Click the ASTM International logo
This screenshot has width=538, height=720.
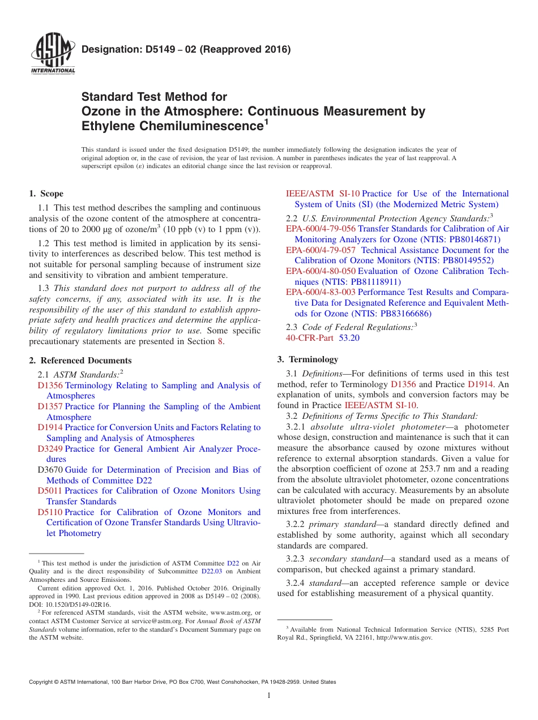pyautogui.click(x=53, y=55)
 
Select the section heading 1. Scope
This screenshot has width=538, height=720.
pyautogui.click(x=46, y=194)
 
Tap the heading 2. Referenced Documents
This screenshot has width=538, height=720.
pyautogui.click(x=80, y=361)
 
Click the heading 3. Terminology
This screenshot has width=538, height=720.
pyautogui.click(x=308, y=359)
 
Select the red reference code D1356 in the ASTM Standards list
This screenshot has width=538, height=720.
pyautogui.click(x=50, y=385)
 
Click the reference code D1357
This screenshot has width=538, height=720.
pyautogui.click(x=50, y=406)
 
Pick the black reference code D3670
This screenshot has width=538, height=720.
pyautogui.click(x=50, y=470)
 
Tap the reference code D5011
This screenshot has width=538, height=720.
pyautogui.click(x=50, y=491)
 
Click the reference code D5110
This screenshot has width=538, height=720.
pyautogui.click(x=50, y=512)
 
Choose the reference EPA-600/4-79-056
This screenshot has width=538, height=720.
pyautogui.click(x=321, y=229)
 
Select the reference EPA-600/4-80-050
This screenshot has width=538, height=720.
pyautogui.click(x=321, y=271)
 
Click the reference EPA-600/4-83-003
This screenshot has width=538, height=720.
pyautogui.click(x=321, y=292)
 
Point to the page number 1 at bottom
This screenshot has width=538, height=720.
pyautogui.click(x=269, y=696)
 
